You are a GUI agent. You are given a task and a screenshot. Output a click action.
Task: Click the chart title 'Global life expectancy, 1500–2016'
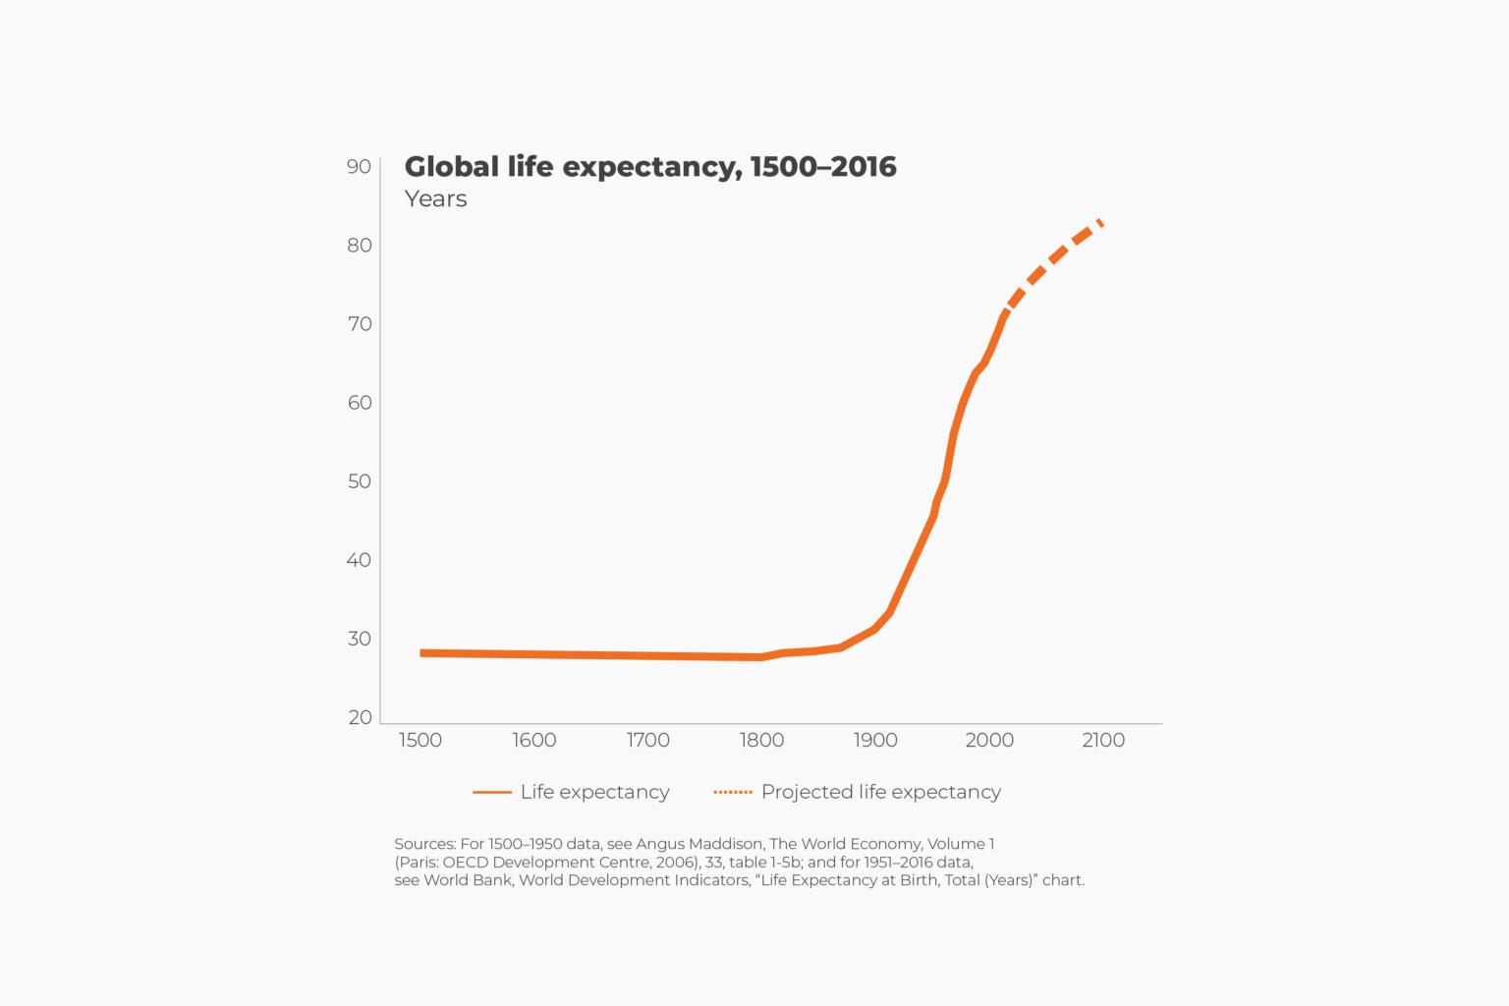[x=649, y=167]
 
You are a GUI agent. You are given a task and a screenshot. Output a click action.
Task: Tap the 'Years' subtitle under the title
[x=435, y=199]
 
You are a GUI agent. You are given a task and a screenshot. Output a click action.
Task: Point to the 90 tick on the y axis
[x=359, y=167]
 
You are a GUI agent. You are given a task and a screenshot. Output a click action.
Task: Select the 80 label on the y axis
[x=359, y=246]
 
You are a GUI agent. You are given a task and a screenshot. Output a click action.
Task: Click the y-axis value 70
[x=359, y=324]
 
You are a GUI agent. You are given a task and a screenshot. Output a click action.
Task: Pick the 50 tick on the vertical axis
[x=359, y=481]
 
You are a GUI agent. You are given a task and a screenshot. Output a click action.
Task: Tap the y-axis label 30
[x=359, y=639]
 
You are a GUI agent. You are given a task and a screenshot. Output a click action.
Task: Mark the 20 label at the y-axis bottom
[x=360, y=717]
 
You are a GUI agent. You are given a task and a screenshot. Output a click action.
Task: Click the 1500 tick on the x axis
[x=419, y=741]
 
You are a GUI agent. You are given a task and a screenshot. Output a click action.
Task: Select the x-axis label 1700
[x=647, y=741]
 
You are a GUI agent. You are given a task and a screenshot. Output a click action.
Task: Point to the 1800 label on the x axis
[x=761, y=741]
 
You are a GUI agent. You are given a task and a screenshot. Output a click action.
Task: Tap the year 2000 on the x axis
[x=989, y=741]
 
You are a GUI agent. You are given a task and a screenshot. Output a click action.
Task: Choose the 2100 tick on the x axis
[x=1103, y=741]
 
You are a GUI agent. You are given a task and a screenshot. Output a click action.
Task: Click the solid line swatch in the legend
[x=491, y=792]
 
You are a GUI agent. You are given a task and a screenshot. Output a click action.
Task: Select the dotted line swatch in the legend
[x=732, y=792]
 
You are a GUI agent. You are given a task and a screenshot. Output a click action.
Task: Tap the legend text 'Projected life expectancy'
[x=880, y=792]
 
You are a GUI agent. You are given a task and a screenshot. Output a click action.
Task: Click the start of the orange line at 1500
[x=423, y=653]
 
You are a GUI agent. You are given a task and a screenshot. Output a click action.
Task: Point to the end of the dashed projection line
[x=1100, y=223]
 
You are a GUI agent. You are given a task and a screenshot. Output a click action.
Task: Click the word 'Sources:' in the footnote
[x=424, y=844]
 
